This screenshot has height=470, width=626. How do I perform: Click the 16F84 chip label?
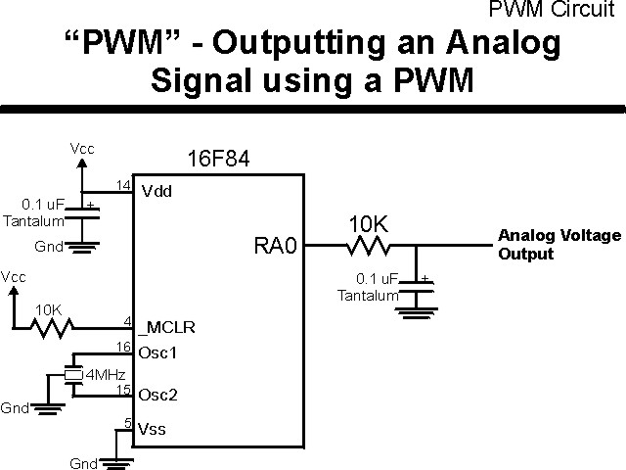[x=217, y=160]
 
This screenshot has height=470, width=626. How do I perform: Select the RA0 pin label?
[x=274, y=246]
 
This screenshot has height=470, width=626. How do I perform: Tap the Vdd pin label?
[x=156, y=191]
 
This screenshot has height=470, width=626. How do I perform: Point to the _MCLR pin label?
[x=162, y=326]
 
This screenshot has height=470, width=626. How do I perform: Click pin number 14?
[x=124, y=184]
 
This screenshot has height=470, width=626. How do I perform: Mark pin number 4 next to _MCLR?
[x=127, y=320]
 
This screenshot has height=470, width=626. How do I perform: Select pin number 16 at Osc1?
[x=124, y=346]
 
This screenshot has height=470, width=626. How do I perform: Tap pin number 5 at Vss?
[x=127, y=422]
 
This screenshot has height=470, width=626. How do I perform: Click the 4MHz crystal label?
[x=106, y=374]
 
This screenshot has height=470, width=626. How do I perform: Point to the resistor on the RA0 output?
[x=369, y=246]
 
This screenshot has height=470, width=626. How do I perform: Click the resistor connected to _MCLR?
[x=50, y=327]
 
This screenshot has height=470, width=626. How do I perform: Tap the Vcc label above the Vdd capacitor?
[x=82, y=149]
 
